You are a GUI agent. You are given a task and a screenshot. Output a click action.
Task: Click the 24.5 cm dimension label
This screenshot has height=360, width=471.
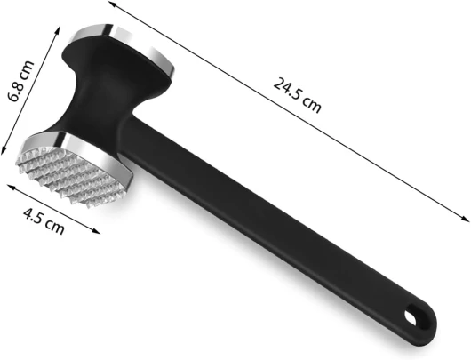pos(297,95)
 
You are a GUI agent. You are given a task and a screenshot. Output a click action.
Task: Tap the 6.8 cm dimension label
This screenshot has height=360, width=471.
pos(20,81)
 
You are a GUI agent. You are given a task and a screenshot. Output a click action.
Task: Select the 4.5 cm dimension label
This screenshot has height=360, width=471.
pos(44,221)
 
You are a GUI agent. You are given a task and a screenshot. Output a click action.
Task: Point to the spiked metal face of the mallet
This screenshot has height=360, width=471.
pos(68,172)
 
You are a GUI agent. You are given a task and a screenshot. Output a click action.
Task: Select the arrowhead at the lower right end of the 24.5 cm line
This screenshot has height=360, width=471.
pos(465,219)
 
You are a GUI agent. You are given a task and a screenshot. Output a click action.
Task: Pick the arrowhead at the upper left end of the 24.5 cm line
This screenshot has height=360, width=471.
pos(112,4)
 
